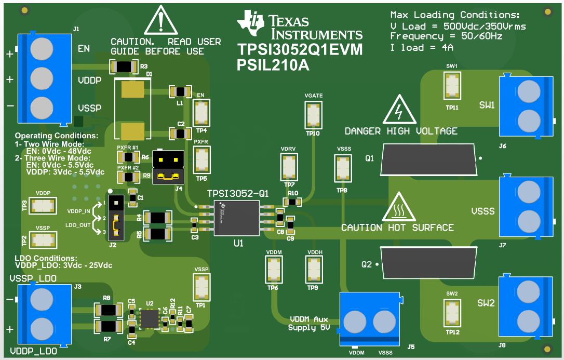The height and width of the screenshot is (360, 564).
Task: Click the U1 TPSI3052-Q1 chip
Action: coord(236,218)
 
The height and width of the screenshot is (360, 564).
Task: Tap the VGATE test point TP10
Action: coord(313,114)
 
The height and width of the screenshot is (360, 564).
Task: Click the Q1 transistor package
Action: coord(428,159)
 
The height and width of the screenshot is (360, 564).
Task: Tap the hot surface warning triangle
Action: coord(398,208)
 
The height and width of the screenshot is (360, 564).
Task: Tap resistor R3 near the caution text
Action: coord(125,66)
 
